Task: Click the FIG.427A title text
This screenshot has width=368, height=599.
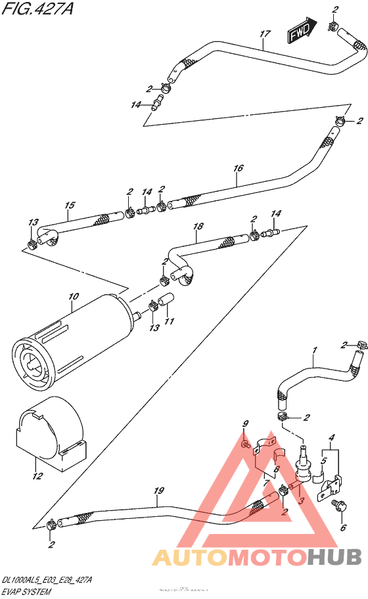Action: (32, 10)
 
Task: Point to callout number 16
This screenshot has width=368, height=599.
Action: (238, 168)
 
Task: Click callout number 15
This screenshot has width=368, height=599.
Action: (70, 206)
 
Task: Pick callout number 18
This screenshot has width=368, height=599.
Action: (198, 227)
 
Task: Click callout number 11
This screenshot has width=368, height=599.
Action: (170, 321)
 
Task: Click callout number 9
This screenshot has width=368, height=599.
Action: (244, 424)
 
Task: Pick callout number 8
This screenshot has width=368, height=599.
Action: (277, 469)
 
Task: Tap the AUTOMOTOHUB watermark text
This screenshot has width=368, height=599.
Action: (257, 557)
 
